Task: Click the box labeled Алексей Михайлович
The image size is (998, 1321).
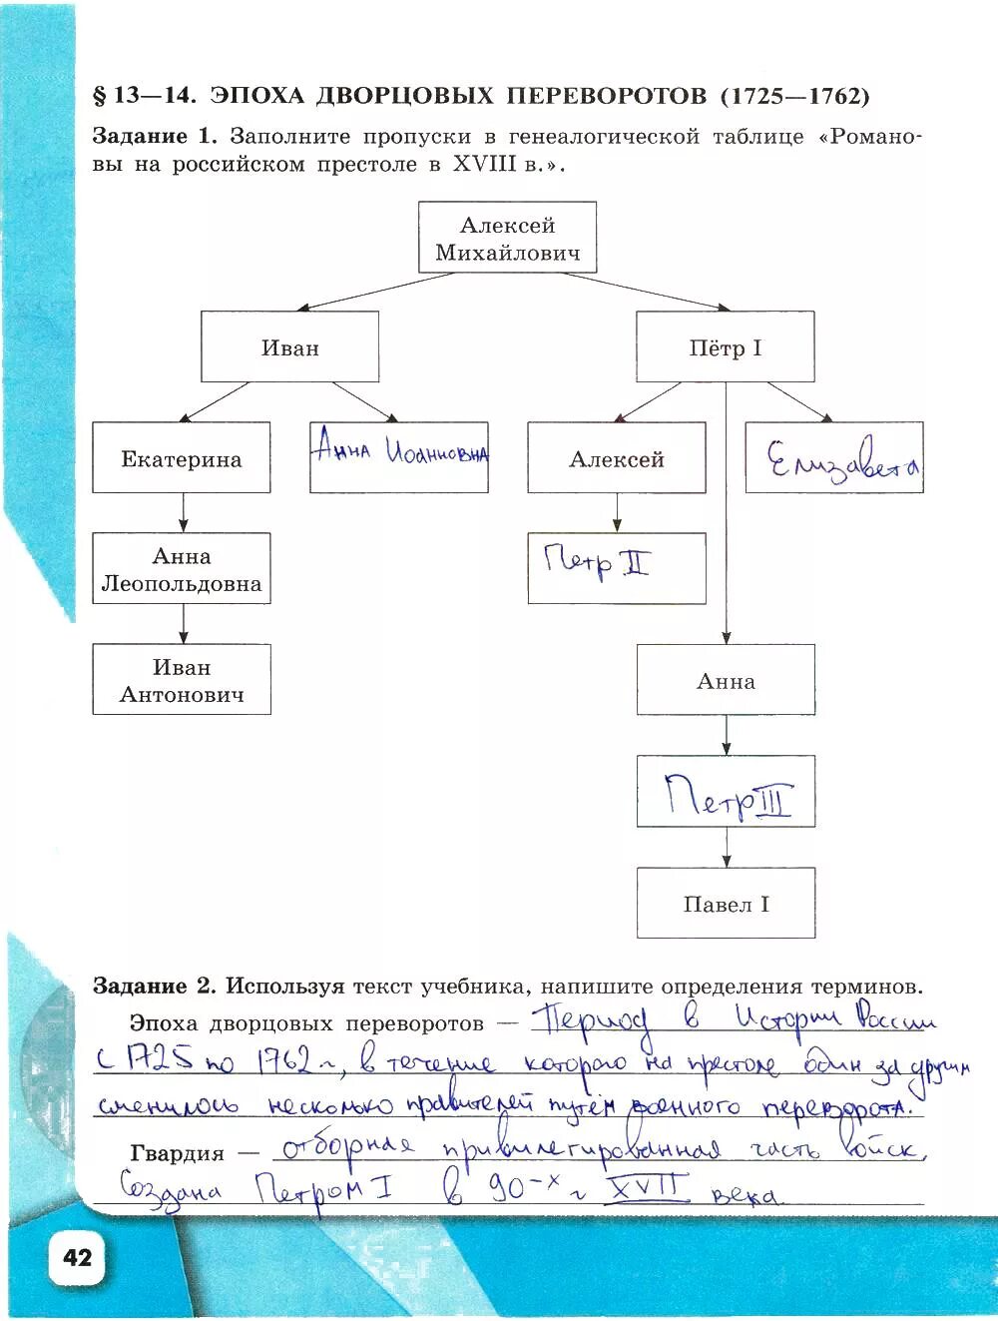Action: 507,238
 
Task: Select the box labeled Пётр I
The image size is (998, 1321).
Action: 725,347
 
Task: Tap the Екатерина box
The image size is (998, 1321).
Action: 182,458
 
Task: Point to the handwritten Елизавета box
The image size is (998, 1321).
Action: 834,458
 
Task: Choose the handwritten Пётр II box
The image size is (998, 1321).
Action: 616,567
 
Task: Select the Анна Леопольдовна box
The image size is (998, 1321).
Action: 182,569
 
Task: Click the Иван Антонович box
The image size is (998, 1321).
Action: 182,680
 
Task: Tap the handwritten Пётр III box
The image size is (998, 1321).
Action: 727,792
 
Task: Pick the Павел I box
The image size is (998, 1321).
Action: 727,904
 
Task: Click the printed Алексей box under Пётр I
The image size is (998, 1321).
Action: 616,458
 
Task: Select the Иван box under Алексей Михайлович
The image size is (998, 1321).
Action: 289,347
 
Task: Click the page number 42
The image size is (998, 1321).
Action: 77,1256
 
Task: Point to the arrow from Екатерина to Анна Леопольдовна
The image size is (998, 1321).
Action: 183,512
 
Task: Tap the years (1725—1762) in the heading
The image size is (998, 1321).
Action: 794,96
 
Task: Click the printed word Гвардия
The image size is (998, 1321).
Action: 177,1153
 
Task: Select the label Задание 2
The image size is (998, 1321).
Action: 153,987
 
